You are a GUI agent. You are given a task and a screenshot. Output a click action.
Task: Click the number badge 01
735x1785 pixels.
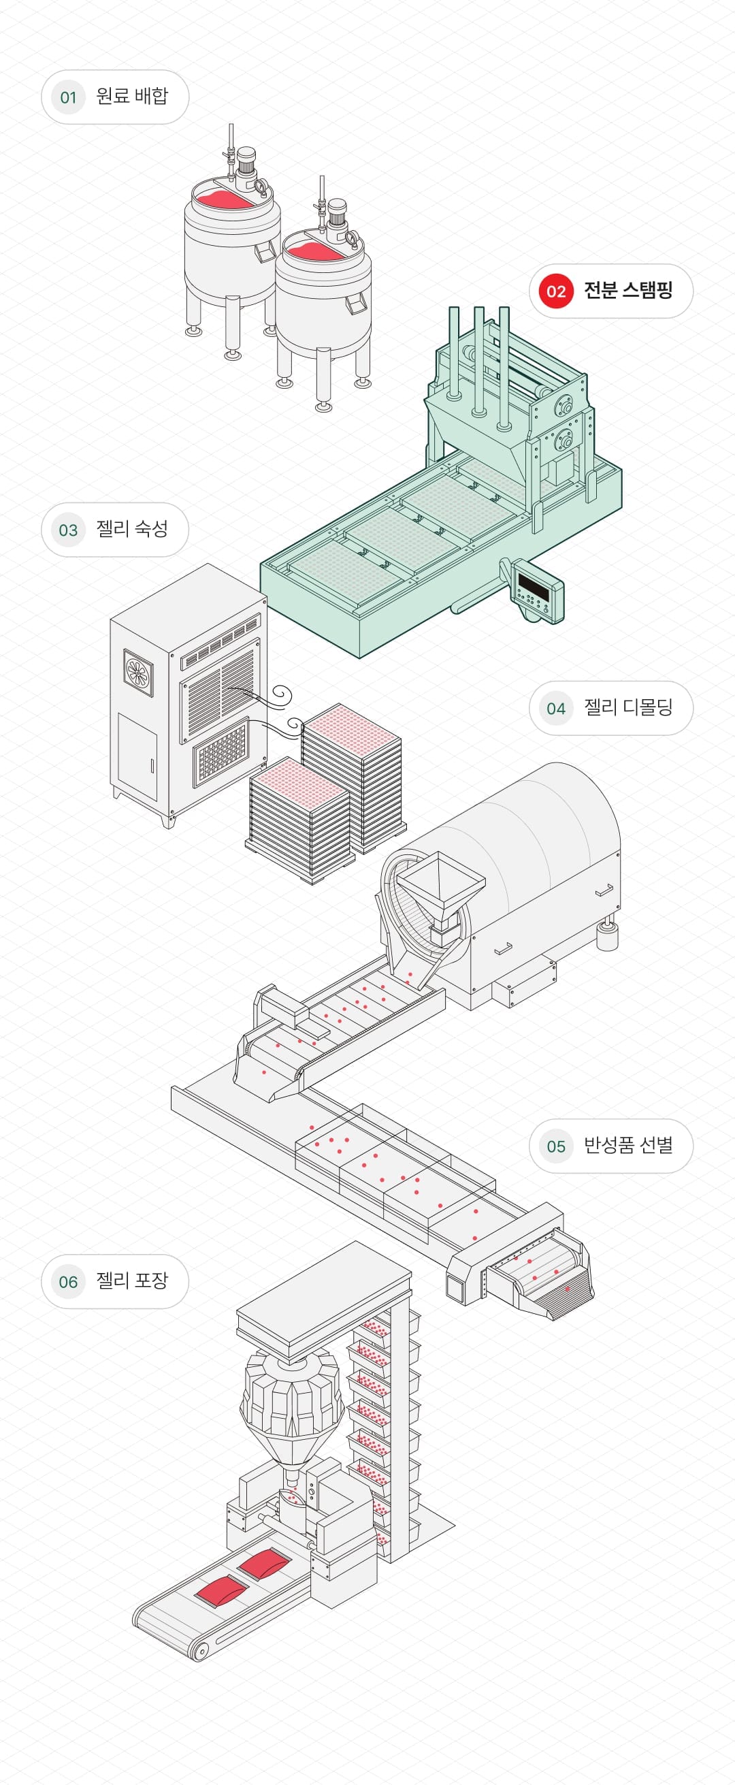(68, 97)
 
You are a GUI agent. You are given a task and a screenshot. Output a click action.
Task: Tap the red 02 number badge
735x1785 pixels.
(555, 291)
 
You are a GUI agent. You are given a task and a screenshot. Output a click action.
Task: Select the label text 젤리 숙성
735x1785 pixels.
(131, 530)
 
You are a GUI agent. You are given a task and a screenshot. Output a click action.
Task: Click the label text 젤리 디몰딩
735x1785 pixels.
(627, 707)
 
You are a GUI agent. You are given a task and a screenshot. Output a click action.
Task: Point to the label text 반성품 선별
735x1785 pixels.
(627, 1146)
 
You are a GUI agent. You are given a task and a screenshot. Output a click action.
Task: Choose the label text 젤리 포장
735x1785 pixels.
(131, 1281)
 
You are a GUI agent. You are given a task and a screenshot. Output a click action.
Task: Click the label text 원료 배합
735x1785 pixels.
(131, 96)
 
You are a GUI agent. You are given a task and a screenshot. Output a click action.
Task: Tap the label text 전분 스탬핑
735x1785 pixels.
(627, 290)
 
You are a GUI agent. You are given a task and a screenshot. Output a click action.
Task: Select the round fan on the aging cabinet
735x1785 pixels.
(139, 671)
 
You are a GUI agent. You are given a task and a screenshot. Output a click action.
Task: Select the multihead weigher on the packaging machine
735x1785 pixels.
(291, 1400)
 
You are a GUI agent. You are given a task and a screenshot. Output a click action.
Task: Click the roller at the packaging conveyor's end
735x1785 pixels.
(200, 1652)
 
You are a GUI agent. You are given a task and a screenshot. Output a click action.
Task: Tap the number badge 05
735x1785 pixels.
(555, 1146)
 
